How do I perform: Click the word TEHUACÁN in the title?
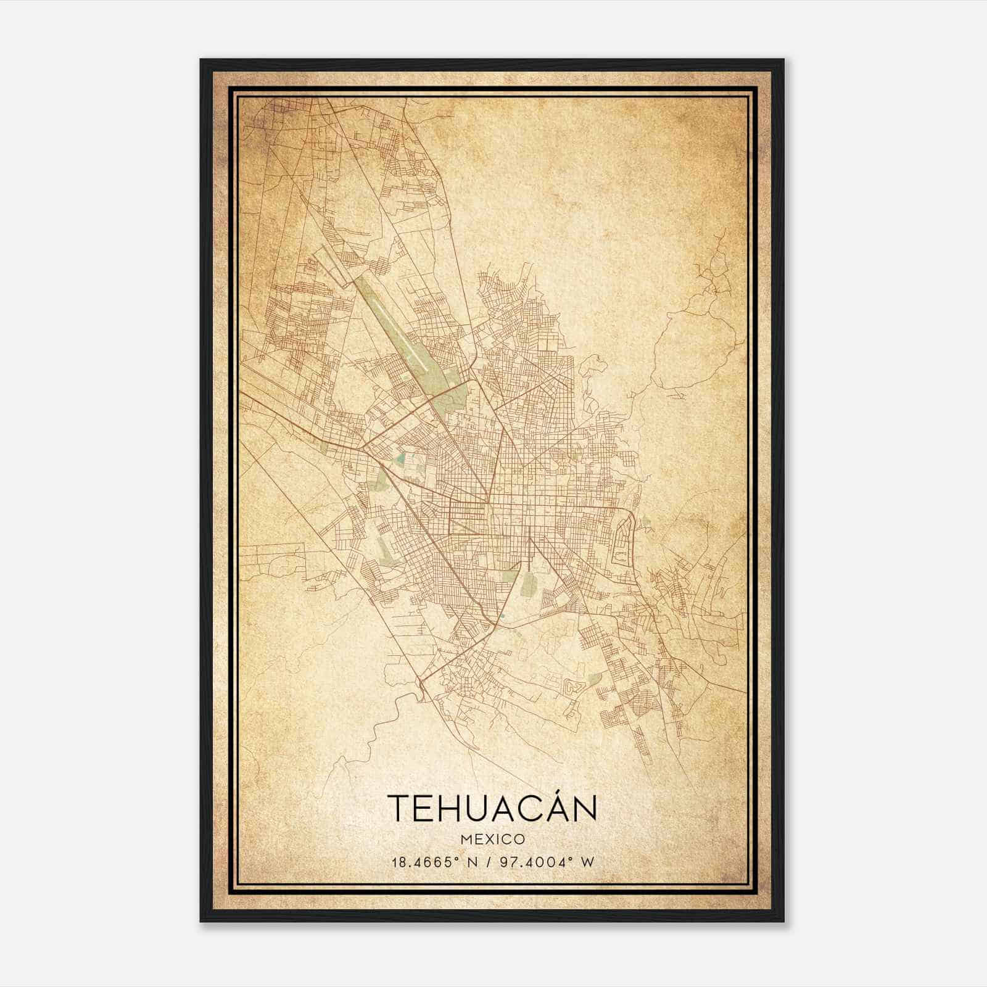(x=492, y=808)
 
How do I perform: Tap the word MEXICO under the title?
(x=492, y=840)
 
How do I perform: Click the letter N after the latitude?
(x=474, y=862)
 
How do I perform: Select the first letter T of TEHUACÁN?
(x=399, y=809)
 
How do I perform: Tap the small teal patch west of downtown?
(x=402, y=459)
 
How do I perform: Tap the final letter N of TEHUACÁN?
(x=584, y=809)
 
